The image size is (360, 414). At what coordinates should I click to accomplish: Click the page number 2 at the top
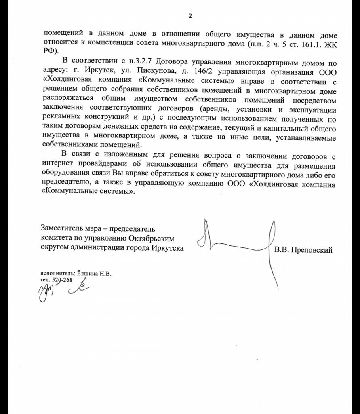click(190, 16)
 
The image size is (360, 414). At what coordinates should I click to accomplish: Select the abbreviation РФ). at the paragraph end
click(50, 52)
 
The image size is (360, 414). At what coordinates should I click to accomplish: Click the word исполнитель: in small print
click(55, 273)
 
